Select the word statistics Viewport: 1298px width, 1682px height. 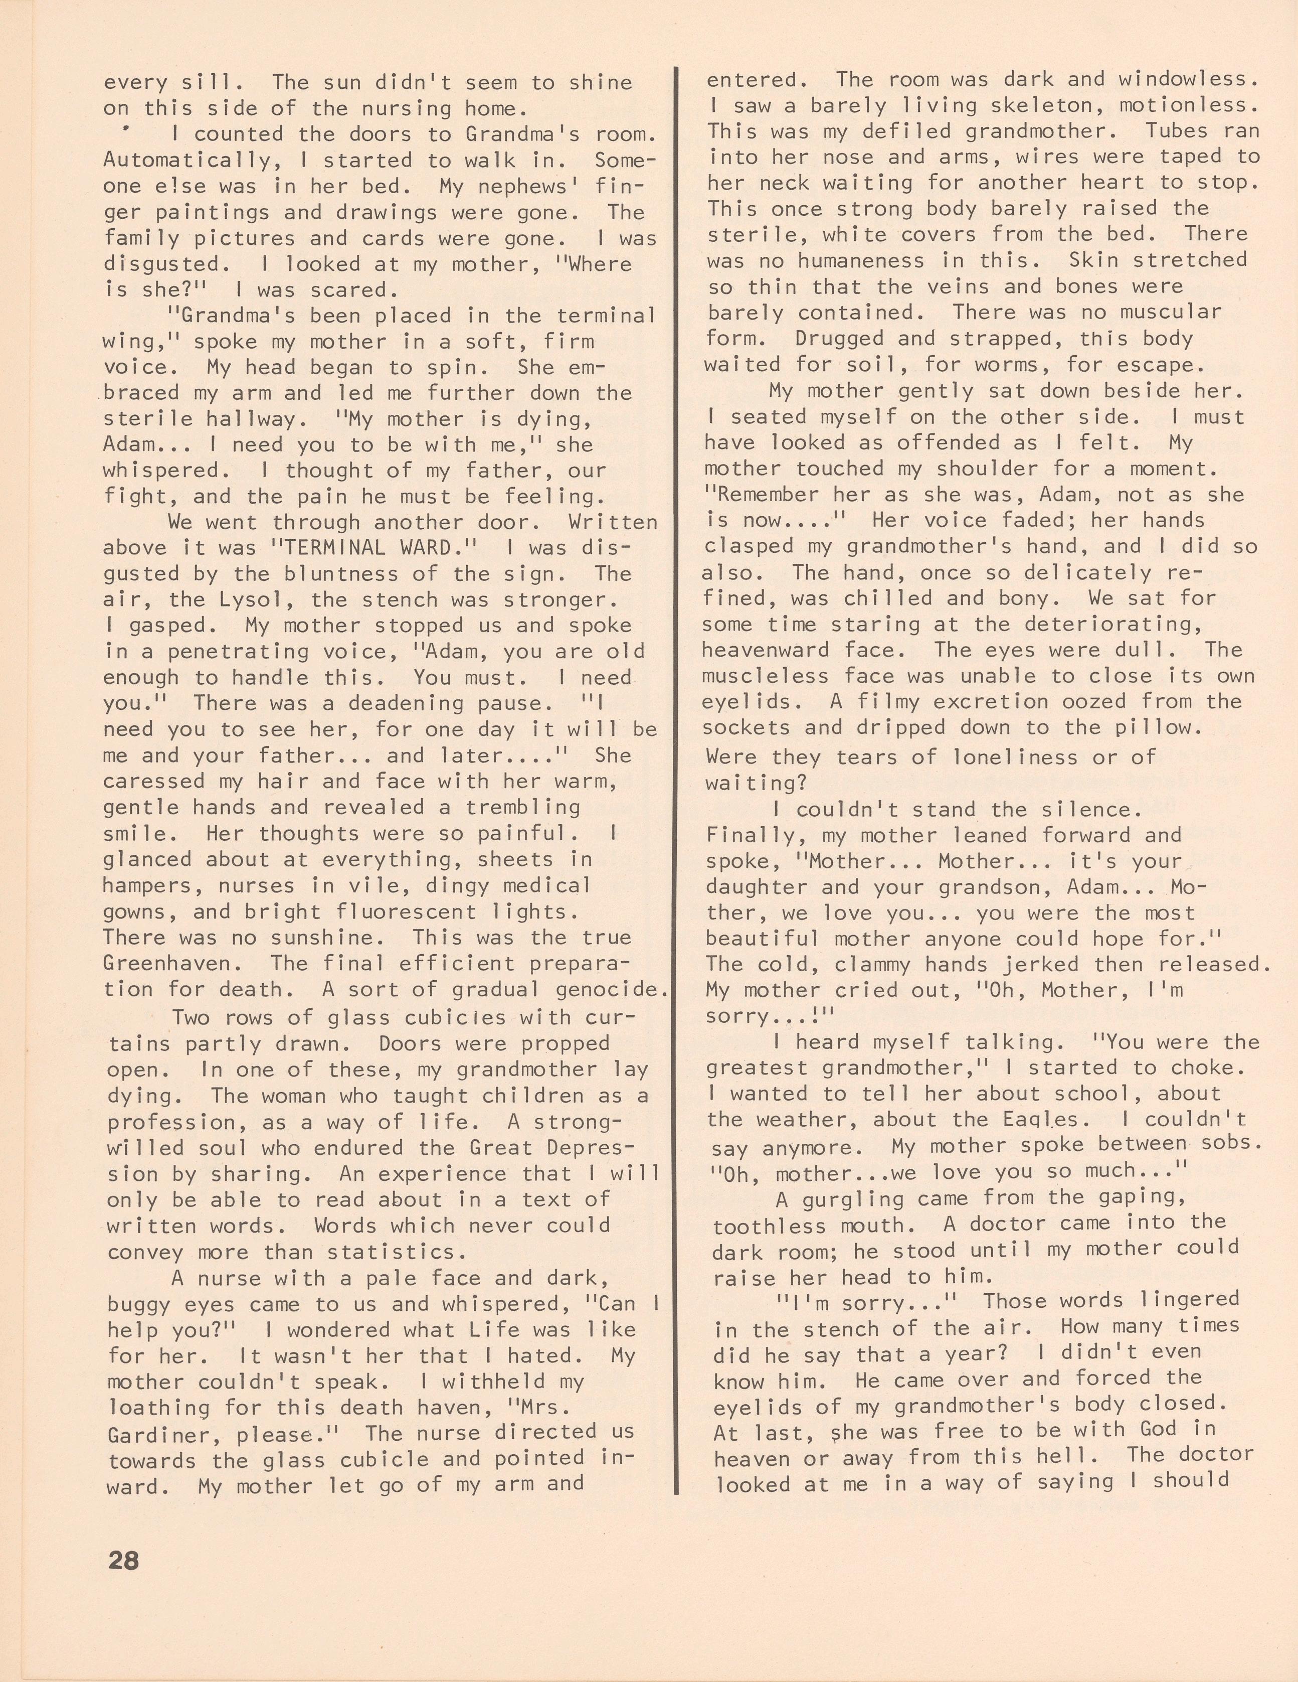404,1252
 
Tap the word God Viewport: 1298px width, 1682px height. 1148,1429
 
